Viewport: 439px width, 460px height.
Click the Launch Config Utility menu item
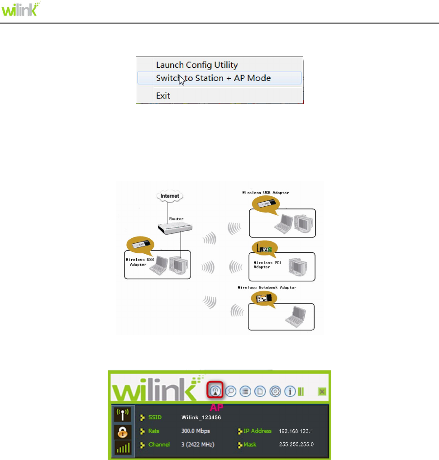click(197, 65)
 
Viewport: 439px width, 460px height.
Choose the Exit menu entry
click(163, 95)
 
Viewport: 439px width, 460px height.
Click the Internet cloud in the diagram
click(170, 196)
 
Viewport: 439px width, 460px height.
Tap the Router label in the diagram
click(176, 218)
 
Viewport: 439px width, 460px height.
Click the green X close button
click(322, 391)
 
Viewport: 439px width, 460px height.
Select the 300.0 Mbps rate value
click(196, 431)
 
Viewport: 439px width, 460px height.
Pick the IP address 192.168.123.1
click(296, 432)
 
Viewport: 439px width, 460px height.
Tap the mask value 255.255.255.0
click(296, 445)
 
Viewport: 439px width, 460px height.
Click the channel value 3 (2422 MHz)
click(198, 445)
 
